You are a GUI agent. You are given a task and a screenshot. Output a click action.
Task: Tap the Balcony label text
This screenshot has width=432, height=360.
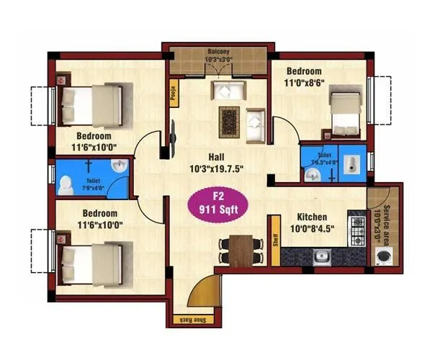coord(219,52)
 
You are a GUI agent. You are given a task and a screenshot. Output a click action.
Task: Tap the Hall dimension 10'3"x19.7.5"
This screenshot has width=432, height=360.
coord(213,169)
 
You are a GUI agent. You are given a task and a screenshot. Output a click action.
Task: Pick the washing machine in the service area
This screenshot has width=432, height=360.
coord(384,256)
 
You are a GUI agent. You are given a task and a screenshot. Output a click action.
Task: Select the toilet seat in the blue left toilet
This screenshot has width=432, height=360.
coord(67,184)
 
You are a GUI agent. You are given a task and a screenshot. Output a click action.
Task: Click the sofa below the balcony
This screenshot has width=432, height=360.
coord(228,91)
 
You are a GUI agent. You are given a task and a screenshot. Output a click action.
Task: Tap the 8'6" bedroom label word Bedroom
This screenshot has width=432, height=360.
coord(304,71)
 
